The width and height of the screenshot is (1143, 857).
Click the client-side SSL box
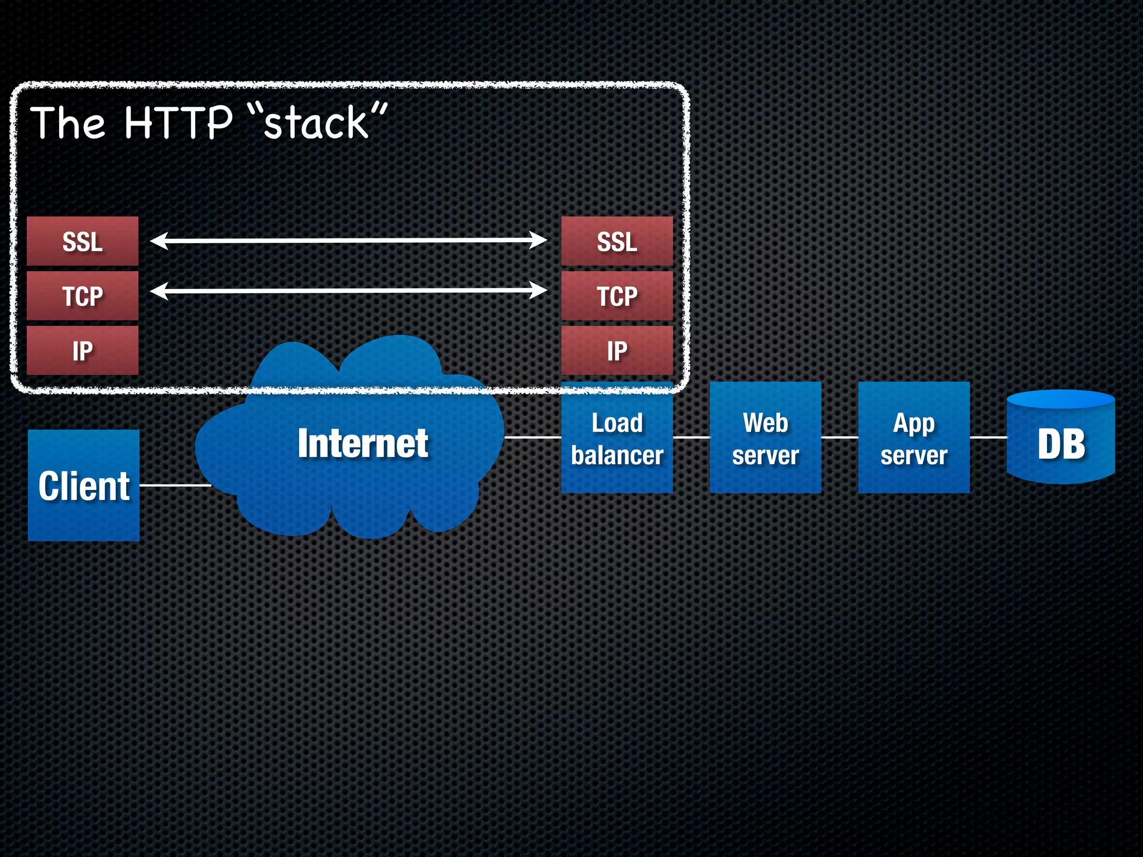(x=83, y=241)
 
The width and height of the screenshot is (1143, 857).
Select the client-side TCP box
(x=83, y=296)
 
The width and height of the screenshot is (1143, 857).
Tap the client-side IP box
(x=83, y=350)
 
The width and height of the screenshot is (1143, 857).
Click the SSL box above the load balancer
(x=617, y=241)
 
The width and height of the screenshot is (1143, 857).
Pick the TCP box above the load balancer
(x=617, y=296)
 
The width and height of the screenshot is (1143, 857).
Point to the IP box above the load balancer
(x=617, y=350)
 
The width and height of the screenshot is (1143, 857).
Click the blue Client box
(x=84, y=485)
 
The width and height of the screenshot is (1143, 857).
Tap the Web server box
(x=765, y=438)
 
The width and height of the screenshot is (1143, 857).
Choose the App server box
(x=914, y=438)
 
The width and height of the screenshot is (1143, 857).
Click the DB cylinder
(x=1060, y=441)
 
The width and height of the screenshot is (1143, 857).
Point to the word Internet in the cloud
(x=363, y=444)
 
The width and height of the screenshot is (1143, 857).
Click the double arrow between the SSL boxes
(x=349, y=240)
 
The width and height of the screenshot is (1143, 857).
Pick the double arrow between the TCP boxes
(x=349, y=291)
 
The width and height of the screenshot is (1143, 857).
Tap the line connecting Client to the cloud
(x=175, y=485)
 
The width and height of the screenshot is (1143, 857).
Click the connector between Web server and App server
(x=839, y=437)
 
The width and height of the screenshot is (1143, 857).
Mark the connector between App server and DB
(x=988, y=437)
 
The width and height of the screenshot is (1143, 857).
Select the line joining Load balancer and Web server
(x=691, y=437)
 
